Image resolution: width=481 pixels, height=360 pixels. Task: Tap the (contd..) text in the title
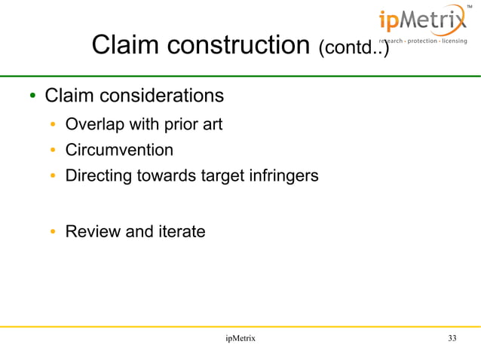354,49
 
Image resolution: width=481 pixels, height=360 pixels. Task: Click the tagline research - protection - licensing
422,41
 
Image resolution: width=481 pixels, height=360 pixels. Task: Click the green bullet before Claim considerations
32,97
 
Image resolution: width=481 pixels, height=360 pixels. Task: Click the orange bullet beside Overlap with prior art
53,125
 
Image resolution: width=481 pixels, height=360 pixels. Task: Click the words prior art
194,124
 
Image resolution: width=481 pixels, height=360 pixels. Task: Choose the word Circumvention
119,150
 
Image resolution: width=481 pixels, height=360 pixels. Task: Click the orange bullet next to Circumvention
53,151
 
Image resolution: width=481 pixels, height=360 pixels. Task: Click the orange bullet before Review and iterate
53,232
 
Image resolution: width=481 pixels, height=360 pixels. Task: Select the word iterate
181,231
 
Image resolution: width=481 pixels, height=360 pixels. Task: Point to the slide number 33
452,339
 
